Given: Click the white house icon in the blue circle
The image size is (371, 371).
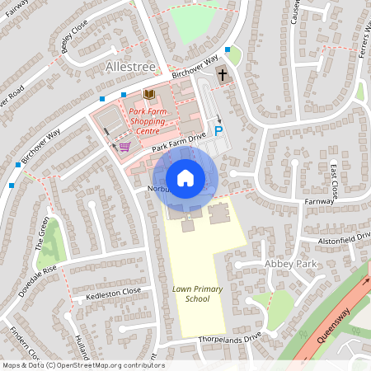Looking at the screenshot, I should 185,178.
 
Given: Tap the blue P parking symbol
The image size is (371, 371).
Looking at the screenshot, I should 218,130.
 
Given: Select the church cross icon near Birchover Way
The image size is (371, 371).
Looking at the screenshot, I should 221,76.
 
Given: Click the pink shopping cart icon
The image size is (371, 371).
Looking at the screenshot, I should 124,147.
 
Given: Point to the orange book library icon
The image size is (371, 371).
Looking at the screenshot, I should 148,95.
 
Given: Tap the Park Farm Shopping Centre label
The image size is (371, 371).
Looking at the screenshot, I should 149,120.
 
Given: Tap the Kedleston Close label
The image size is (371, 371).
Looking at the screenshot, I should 114,294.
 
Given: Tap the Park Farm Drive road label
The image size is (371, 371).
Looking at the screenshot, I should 178,145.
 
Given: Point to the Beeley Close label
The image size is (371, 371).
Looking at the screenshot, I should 74,38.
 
